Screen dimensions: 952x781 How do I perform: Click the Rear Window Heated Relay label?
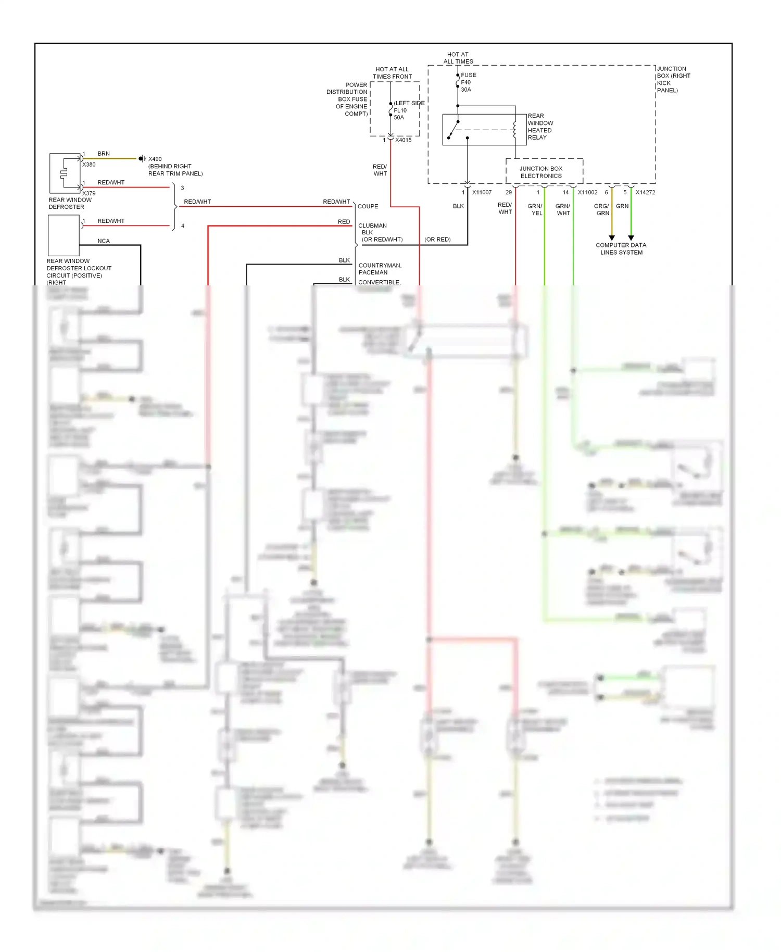coord(540,127)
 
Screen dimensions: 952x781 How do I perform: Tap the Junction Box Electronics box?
coord(544,172)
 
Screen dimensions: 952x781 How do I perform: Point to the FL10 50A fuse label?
coord(400,114)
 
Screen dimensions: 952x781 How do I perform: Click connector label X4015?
coord(403,140)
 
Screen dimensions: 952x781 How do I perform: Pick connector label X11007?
coord(482,193)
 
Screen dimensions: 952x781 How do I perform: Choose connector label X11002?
coord(587,193)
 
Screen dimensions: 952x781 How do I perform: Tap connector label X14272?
coord(645,193)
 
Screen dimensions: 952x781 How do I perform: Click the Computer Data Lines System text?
coord(621,249)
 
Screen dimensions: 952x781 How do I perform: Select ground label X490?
coord(155,159)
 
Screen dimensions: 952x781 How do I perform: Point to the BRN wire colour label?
coord(104,154)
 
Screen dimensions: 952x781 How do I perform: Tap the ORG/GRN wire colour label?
coord(602,210)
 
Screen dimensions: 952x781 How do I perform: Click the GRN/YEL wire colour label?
coord(535,210)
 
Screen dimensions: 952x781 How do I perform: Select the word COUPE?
coord(368,207)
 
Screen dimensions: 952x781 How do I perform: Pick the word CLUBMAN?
coord(372,226)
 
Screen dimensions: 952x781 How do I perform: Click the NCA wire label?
coord(104,241)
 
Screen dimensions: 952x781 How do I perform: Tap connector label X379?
coord(89,193)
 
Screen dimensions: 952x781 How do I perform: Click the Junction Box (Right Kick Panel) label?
coord(673,79)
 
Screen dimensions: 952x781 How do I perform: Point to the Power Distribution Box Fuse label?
coord(347,99)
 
